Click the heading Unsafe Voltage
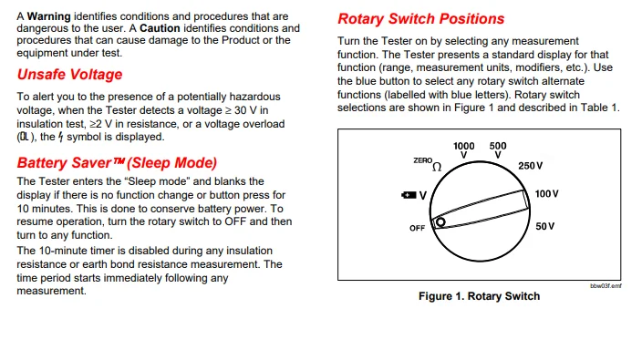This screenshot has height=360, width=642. click(x=69, y=75)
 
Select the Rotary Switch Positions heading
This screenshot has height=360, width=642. click(x=421, y=19)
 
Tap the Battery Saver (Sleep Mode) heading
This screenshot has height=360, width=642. click(x=117, y=163)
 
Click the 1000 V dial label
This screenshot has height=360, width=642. click(x=463, y=150)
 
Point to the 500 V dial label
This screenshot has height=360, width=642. click(x=498, y=150)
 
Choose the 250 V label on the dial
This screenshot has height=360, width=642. click(x=530, y=166)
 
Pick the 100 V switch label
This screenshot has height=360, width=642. click(x=546, y=193)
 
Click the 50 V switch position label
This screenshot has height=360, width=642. click(x=545, y=226)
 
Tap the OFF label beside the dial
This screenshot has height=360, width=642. click(x=418, y=228)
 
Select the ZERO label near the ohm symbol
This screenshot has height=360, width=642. click(x=422, y=160)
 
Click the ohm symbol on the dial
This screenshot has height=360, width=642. click(x=437, y=167)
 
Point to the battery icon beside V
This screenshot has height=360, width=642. click(x=409, y=195)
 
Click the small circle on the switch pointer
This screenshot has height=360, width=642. click(x=440, y=222)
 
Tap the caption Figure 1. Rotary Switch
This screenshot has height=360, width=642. click(x=479, y=296)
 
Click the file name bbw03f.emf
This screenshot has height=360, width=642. click(x=606, y=286)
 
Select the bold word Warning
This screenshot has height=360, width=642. click(x=48, y=16)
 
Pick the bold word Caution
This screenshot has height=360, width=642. click(x=160, y=28)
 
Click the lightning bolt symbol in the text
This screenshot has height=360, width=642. click(x=60, y=137)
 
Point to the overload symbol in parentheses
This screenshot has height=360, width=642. click(x=25, y=137)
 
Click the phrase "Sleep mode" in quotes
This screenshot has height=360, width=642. click(x=156, y=181)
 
